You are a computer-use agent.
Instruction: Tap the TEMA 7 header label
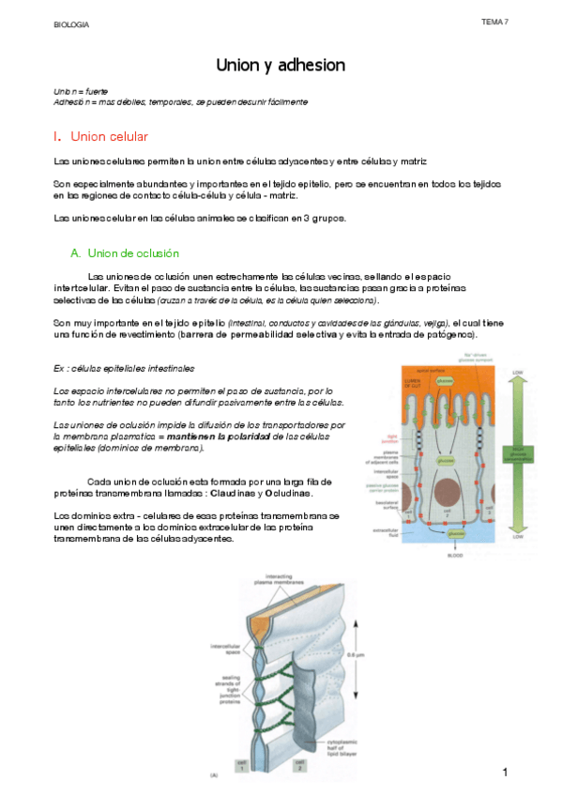coord(494,21)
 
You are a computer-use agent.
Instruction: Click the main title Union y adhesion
coord(281,65)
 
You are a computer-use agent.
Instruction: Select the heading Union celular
coord(109,137)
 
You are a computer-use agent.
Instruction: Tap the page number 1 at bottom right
coord(505,772)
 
